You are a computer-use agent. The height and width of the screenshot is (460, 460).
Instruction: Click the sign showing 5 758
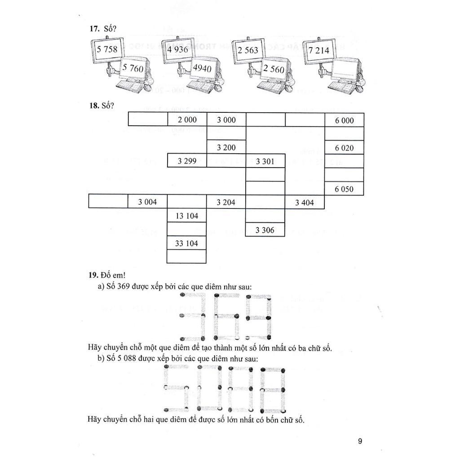pyautogui.click(x=107, y=49)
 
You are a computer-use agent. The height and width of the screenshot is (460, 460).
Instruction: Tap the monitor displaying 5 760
pyautogui.click(x=133, y=69)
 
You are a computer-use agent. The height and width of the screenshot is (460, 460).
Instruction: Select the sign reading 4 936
pyautogui.click(x=177, y=50)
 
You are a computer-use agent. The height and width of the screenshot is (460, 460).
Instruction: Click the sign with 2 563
pyautogui.click(x=248, y=50)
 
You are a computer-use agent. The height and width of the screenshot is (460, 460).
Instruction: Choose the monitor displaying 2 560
pyautogui.click(x=274, y=69)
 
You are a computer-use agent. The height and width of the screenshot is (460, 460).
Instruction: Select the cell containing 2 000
pyautogui.click(x=187, y=120)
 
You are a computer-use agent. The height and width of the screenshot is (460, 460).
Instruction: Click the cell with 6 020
pyautogui.click(x=344, y=148)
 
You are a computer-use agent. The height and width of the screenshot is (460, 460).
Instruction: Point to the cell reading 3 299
pyautogui.click(x=187, y=161)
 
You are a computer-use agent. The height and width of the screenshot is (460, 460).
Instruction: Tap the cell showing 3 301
pyautogui.click(x=265, y=161)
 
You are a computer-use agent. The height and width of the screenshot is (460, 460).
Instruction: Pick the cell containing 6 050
pyautogui.click(x=344, y=189)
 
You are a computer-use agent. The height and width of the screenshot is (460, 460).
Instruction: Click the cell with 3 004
pyautogui.click(x=148, y=202)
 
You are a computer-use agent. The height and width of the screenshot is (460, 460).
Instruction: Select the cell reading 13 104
pyautogui.click(x=187, y=216)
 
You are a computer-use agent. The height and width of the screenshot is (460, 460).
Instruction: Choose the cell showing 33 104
pyautogui.click(x=187, y=243)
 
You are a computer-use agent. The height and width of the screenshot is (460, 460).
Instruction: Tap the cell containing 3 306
pyautogui.click(x=265, y=230)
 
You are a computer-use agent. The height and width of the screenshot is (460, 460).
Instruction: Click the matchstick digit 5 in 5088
pyautogui.click(x=177, y=388)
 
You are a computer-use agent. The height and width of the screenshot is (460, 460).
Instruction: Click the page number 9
pyautogui.click(x=360, y=441)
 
